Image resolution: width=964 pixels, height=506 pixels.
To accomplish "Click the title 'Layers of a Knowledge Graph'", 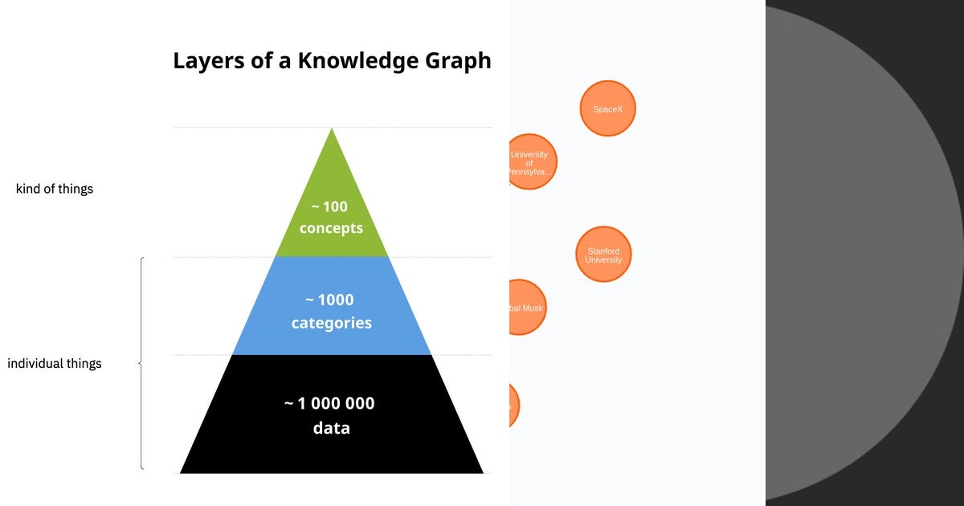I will (x=332, y=61).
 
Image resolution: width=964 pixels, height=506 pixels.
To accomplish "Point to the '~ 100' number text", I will (x=331, y=206).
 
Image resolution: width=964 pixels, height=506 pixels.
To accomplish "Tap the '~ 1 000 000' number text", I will (x=330, y=403).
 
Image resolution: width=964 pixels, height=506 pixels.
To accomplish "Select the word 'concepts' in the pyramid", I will (x=331, y=228).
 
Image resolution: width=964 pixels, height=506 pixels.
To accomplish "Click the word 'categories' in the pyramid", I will (x=331, y=323).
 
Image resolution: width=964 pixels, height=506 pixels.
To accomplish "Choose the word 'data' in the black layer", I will (x=331, y=428).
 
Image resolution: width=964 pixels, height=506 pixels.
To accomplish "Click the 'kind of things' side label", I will (x=55, y=190).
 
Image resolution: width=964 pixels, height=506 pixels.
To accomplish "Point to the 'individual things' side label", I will (x=55, y=364).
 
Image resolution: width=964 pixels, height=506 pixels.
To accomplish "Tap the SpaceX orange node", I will (x=607, y=108).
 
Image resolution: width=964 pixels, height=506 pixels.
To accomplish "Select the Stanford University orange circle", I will (x=603, y=255).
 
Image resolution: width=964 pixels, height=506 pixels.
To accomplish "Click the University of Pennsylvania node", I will (x=530, y=162).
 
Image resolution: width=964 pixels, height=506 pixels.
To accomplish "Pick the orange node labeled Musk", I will (x=525, y=308).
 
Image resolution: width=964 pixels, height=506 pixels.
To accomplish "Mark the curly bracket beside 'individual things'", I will (x=141, y=363).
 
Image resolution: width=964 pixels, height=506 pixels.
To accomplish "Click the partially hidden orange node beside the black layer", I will (x=514, y=406).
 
